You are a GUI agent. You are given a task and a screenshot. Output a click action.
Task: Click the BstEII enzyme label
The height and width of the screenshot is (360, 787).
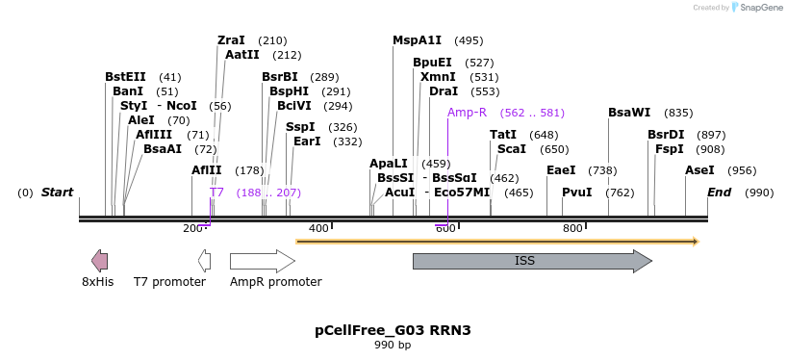tap(125, 77)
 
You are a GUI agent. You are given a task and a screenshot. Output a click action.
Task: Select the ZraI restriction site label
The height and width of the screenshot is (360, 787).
tap(231, 40)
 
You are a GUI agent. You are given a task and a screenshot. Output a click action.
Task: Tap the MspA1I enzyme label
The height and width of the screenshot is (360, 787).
tap(417, 40)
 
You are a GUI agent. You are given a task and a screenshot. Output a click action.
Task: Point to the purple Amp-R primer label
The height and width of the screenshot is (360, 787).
tap(467, 113)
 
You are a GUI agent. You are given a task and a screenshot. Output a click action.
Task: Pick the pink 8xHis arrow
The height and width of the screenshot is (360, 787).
tap(99, 261)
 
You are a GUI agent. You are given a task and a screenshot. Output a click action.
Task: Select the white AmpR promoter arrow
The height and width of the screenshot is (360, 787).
tap(262, 261)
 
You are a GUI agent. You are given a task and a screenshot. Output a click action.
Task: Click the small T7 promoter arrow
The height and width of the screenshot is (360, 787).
tap(204, 261)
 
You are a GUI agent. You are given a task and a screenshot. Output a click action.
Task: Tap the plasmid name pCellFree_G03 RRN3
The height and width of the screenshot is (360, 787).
tap(393, 330)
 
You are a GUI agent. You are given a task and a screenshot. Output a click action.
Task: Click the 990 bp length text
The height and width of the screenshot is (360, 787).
tap(393, 345)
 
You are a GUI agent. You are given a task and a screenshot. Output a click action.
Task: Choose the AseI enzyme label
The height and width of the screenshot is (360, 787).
tap(699, 170)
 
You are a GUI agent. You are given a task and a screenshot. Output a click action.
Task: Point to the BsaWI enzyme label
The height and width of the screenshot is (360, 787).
tap(629, 113)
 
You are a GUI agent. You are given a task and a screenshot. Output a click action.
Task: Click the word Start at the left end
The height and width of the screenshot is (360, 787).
tap(57, 193)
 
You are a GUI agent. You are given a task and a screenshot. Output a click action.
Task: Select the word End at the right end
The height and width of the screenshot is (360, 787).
tap(719, 193)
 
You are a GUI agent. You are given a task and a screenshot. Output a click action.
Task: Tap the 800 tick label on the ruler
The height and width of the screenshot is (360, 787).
tap(572, 228)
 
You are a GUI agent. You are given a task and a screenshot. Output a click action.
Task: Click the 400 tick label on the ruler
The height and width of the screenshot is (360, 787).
tap(318, 228)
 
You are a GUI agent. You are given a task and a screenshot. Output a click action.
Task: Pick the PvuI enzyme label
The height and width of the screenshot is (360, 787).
tap(576, 193)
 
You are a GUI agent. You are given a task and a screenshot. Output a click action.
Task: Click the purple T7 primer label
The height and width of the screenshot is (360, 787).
tap(216, 193)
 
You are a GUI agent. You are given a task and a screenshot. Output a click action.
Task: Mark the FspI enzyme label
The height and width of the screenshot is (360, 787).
tap(669, 149)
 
